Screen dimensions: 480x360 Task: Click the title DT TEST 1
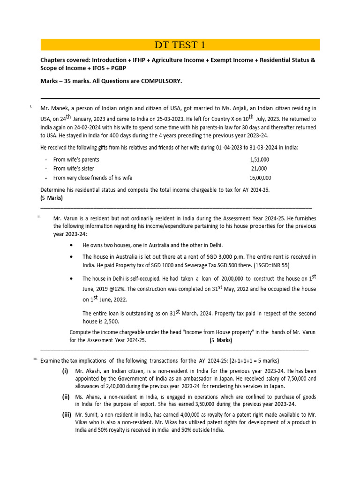(x=180, y=45)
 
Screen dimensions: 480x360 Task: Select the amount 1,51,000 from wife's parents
(x=259, y=159)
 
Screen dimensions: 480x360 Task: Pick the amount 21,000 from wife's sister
(x=259, y=169)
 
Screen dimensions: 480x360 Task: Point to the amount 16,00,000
(x=260, y=178)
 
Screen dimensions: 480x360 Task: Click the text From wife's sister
(x=74, y=169)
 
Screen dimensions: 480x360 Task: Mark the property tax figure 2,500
(x=110, y=322)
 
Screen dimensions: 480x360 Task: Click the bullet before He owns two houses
(x=71, y=245)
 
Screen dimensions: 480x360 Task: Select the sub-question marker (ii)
(x=66, y=397)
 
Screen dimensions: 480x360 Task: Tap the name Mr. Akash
(x=90, y=370)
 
